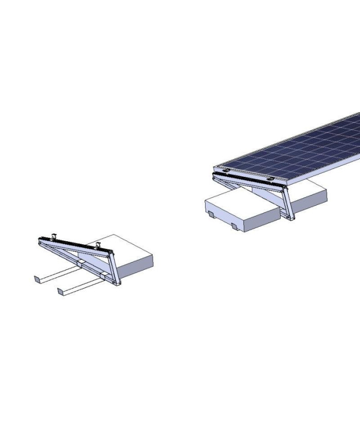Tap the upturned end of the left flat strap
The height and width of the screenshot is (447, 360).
click(37, 279)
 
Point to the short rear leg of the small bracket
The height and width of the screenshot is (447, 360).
click(112, 267)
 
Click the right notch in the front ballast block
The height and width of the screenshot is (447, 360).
click(233, 226)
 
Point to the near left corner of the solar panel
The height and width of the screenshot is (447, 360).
click(215, 168)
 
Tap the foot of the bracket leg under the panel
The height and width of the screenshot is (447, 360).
click(292, 218)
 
